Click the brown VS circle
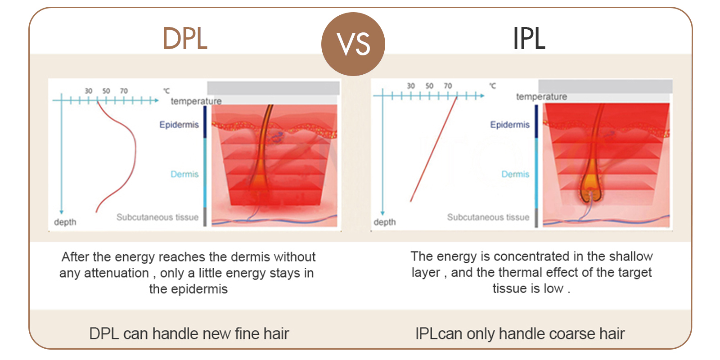(353, 44)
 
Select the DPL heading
(185, 39)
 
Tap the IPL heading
(529, 39)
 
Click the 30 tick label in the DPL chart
(88, 91)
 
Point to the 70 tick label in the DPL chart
(124, 91)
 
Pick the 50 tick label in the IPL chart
(429, 86)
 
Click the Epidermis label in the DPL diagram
(179, 125)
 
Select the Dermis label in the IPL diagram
(515, 174)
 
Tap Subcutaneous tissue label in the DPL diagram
(157, 217)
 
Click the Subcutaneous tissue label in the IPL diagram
(488, 217)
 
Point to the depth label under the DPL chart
(65, 222)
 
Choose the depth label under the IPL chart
(385, 222)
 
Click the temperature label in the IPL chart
(542, 97)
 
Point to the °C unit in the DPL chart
(166, 91)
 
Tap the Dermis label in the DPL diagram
(184, 174)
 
